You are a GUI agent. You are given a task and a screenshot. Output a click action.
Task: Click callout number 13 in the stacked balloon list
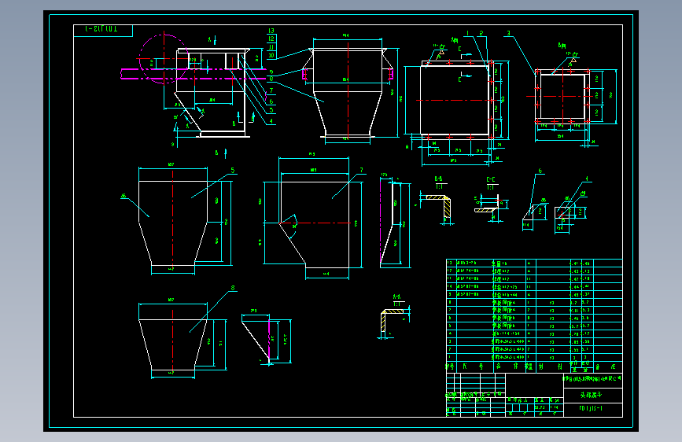271,31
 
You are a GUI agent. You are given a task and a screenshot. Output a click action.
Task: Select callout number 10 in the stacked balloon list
271,55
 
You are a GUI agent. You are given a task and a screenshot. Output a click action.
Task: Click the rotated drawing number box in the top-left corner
103,31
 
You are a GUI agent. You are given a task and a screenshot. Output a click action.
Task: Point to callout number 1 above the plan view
466,33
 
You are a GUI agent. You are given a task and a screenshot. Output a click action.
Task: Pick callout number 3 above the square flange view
509,34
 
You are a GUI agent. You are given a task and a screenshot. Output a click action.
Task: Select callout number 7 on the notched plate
361,170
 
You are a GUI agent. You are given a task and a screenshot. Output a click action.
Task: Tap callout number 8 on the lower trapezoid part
232,288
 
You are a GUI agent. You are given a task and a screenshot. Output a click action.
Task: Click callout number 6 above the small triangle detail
540,171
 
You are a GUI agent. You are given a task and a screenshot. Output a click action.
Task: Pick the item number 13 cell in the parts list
450,263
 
